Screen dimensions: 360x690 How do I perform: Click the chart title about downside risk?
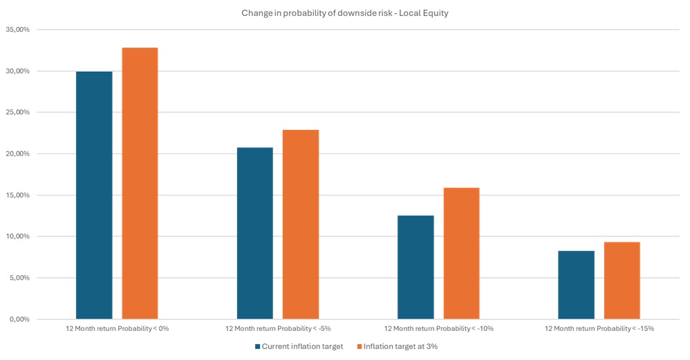point(345,13)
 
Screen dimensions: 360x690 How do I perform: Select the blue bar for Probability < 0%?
point(94,195)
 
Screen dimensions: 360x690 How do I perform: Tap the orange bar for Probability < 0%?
point(140,183)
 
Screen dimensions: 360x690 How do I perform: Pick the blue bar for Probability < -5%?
point(255,233)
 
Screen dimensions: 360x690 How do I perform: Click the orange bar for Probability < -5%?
point(301,224)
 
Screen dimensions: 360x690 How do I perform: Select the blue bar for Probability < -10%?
point(416,267)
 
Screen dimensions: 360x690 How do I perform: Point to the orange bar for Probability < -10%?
point(461,253)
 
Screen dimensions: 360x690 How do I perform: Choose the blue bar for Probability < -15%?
point(576,285)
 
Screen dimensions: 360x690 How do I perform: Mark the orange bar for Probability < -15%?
point(622,280)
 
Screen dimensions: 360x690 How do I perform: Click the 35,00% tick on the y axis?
point(18,30)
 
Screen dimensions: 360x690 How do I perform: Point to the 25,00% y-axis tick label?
point(18,113)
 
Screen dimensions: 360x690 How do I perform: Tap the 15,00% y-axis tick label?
point(18,196)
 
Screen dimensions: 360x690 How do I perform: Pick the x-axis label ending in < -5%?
point(278,328)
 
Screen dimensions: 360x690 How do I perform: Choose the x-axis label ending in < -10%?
point(438,328)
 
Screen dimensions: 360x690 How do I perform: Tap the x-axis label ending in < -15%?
point(599,328)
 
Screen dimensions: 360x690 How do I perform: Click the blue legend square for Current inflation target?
point(258,346)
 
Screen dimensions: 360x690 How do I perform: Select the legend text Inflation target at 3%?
point(400,346)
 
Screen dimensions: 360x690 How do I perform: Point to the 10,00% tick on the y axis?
point(18,237)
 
